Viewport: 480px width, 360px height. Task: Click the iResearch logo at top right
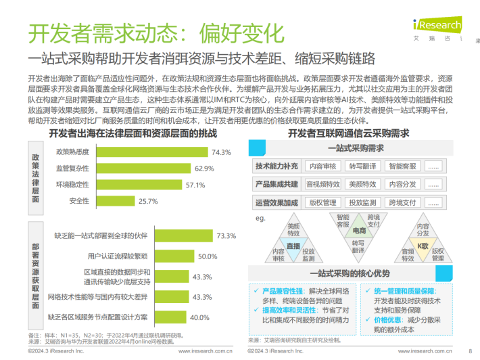(x=437, y=26)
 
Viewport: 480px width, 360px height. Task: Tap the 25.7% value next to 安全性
(x=148, y=201)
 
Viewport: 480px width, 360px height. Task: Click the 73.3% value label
(x=226, y=235)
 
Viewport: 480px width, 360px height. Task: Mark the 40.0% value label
(x=199, y=317)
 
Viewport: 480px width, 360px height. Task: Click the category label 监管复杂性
(x=72, y=168)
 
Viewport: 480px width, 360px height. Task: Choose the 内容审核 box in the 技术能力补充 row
(x=324, y=166)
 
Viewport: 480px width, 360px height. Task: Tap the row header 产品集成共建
(x=277, y=184)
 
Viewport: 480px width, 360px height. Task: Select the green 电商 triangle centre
(x=358, y=231)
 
